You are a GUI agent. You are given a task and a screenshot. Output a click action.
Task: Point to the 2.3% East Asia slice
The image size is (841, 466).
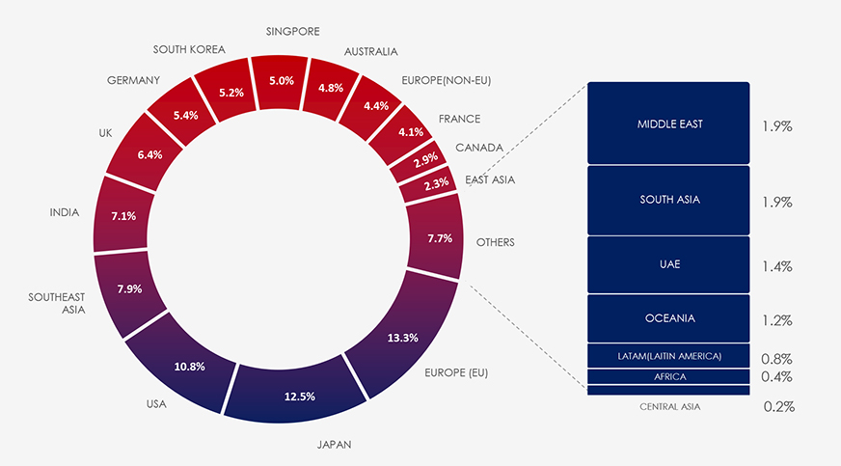tap(428, 183)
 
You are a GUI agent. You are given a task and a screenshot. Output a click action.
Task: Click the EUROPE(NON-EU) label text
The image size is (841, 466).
tap(446, 81)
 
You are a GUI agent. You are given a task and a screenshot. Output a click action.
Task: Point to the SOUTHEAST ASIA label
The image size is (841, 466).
tap(57, 304)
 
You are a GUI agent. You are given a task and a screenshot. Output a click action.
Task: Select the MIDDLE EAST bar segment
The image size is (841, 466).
tap(668, 123)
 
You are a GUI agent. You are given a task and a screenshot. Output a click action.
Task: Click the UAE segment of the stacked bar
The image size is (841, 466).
tap(668, 264)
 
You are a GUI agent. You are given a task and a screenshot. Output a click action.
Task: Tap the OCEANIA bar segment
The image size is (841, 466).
tap(668, 318)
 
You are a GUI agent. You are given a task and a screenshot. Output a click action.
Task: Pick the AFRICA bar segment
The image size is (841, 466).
tap(668, 376)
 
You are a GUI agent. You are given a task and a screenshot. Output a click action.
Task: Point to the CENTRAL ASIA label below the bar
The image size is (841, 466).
tap(669, 407)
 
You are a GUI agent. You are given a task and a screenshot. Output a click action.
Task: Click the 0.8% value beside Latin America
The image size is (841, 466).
tap(776, 358)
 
